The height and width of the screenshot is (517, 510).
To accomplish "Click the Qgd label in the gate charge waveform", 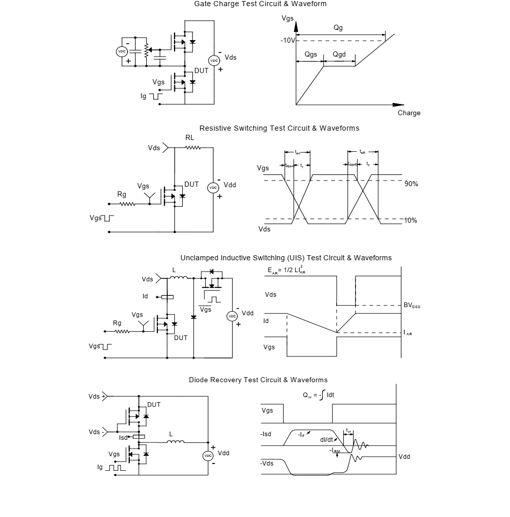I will pyautogui.click(x=339, y=55).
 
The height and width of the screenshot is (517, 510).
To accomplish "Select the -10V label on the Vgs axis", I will pyautogui.click(x=288, y=41).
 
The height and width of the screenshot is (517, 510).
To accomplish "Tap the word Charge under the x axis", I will pyautogui.click(x=409, y=113).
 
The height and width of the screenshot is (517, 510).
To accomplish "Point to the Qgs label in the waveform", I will pyautogui.click(x=311, y=55).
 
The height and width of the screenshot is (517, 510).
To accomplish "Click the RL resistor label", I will pyautogui.click(x=190, y=138).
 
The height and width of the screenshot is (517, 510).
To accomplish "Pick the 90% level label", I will pyautogui.click(x=411, y=184).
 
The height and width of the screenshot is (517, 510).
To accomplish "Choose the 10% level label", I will pyautogui.click(x=411, y=221).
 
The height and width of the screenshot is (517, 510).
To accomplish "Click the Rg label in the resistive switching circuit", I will pyautogui.click(x=121, y=194).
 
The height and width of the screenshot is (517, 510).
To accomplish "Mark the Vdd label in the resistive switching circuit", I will pyautogui.click(x=230, y=185).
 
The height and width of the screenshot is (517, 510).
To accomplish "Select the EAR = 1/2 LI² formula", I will pyautogui.click(x=286, y=271).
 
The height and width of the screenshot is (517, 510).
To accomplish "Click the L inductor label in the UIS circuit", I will pyautogui.click(x=174, y=270).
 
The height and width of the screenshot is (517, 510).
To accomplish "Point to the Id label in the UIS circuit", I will pyautogui.click(x=145, y=297).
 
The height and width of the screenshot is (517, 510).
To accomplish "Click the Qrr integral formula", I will pyautogui.click(x=319, y=396).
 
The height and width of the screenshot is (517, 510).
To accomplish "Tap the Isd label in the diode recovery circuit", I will pyautogui.click(x=123, y=438).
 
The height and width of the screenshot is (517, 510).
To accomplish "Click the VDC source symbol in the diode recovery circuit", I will pyautogui.click(x=208, y=456).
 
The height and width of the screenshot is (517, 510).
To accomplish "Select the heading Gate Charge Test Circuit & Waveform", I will pyautogui.click(x=260, y=4).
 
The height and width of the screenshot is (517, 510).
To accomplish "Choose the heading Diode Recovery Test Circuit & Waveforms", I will pyautogui.click(x=258, y=380).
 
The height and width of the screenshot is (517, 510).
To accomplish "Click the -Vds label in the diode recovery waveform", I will pyautogui.click(x=267, y=463).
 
